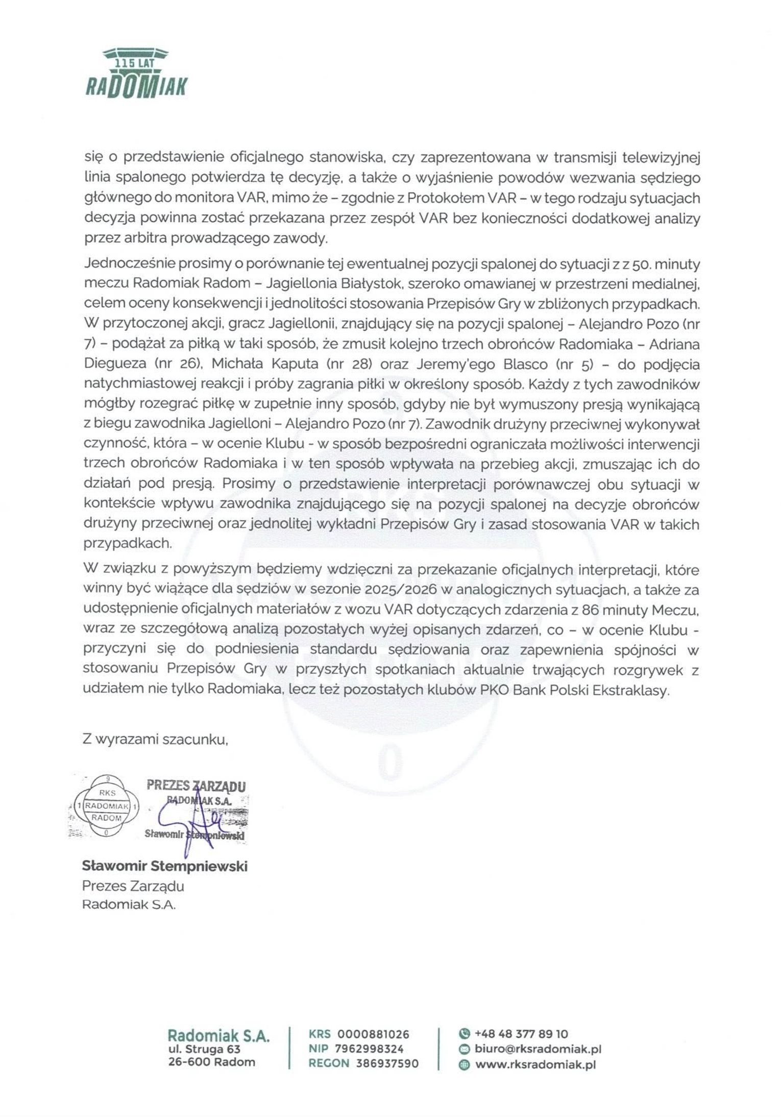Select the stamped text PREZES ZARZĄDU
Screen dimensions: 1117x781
pyautogui.click(x=196, y=786)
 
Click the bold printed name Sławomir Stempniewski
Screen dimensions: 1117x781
pyautogui.click(x=165, y=867)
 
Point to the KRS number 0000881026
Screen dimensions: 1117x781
pyautogui.click(x=374, y=1034)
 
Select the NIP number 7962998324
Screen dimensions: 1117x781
pyautogui.click(x=369, y=1049)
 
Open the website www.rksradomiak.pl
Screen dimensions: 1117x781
pyautogui.click(x=535, y=1064)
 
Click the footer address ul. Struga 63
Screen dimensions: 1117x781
pyautogui.click(x=204, y=1050)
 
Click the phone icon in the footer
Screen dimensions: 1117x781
pyautogui.click(x=464, y=1034)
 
